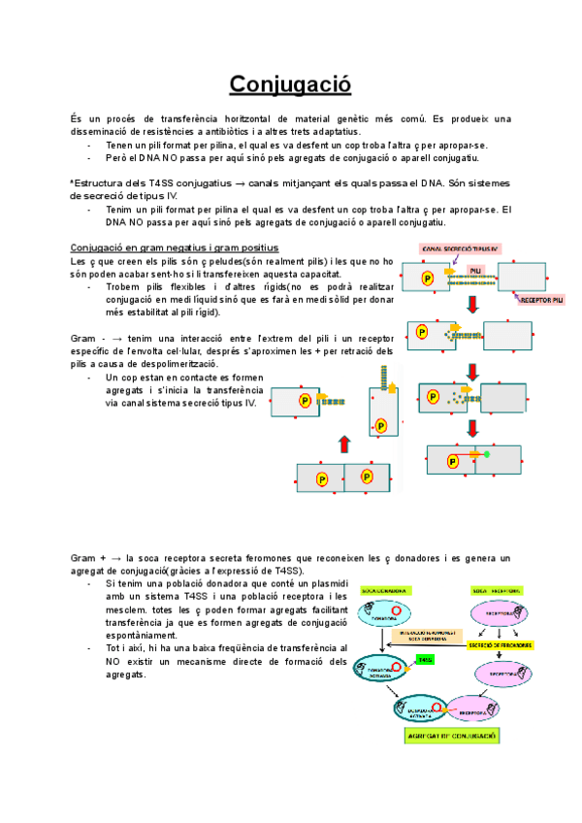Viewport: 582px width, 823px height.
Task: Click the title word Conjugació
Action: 290,84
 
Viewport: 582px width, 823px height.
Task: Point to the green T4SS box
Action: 423,659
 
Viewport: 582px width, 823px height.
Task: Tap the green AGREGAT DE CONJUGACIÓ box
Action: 450,737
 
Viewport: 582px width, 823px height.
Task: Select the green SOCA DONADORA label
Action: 381,589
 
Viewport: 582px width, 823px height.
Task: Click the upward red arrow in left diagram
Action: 343,444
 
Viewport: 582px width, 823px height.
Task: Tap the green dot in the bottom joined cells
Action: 486,453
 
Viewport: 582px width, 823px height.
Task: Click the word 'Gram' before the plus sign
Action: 83,558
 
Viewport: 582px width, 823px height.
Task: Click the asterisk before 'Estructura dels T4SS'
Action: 72,182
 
